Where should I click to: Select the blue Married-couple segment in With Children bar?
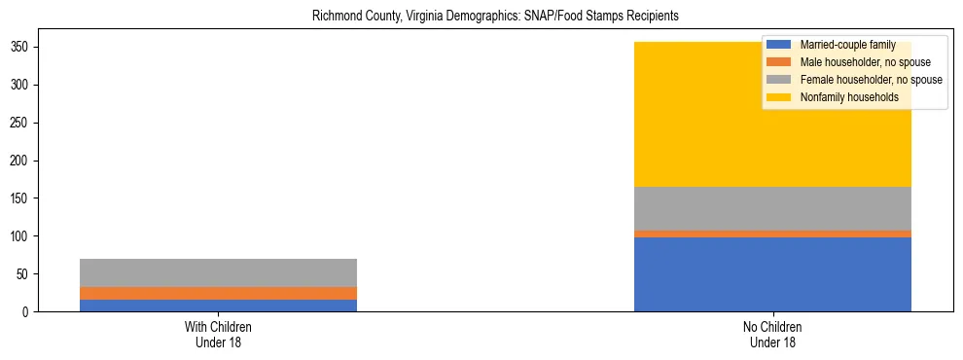coord(218,306)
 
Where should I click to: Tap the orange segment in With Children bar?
coord(218,293)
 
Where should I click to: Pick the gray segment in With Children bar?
coord(218,272)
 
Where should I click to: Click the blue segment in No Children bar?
coord(772,274)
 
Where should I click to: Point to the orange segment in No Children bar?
coord(772,234)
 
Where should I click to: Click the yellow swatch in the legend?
coord(779,97)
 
